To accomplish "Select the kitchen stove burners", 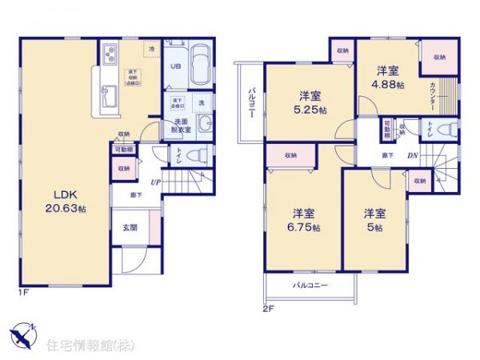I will [x=109, y=56].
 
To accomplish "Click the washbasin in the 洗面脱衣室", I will [x=204, y=125].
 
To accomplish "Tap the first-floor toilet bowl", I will [x=202, y=154].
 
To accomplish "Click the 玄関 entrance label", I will [x=130, y=227].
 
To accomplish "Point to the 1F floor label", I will [x=23, y=293].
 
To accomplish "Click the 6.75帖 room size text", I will [x=305, y=228].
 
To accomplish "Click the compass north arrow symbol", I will [x=22, y=334].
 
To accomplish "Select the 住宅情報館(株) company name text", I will [x=88, y=345].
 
